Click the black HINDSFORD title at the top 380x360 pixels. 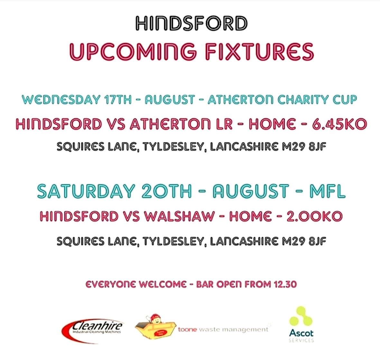[191, 24]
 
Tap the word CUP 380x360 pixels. [344, 99]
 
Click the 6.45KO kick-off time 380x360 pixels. [339, 124]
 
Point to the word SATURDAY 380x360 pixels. [85, 191]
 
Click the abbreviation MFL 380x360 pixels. [327, 191]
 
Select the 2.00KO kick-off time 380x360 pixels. [314, 216]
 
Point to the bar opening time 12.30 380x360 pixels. [285, 284]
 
